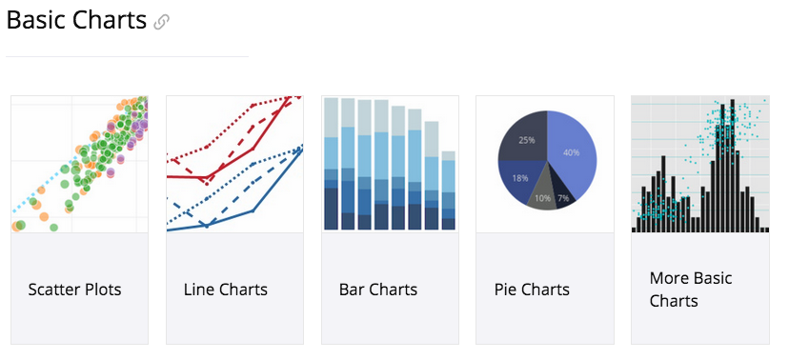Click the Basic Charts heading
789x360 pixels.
pyautogui.click(x=76, y=20)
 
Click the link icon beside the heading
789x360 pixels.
pyautogui.click(x=162, y=22)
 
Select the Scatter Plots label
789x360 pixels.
pyautogui.click(x=74, y=290)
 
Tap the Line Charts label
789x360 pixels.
pyautogui.click(x=226, y=290)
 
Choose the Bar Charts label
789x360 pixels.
pyautogui.click(x=378, y=290)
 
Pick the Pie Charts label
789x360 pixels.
pyautogui.click(x=532, y=290)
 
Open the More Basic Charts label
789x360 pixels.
pyautogui.click(x=691, y=290)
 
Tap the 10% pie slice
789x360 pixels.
pyautogui.click(x=542, y=195)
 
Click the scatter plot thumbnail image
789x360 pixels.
pyautogui.click(x=79, y=164)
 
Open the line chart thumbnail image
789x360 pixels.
pyautogui.click(x=234, y=164)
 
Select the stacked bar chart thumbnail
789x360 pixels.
pyautogui.click(x=389, y=164)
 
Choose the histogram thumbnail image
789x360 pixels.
pyautogui.click(x=700, y=164)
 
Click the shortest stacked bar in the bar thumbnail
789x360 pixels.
pyautogui.click(x=448, y=190)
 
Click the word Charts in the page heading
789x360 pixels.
pyautogui.click(x=112, y=20)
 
